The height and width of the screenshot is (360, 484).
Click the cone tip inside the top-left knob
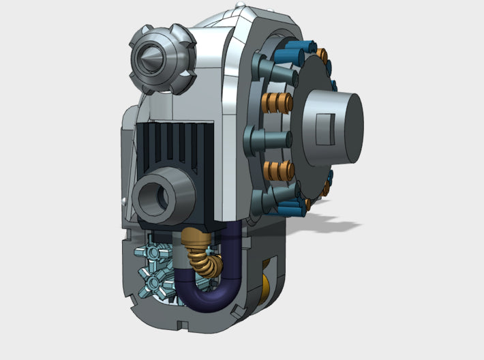pyautogui.click(x=151, y=59)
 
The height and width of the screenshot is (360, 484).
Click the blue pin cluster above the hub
pyautogui.click(x=301, y=50)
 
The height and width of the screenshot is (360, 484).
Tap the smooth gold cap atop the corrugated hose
pyautogui.click(x=194, y=238)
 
